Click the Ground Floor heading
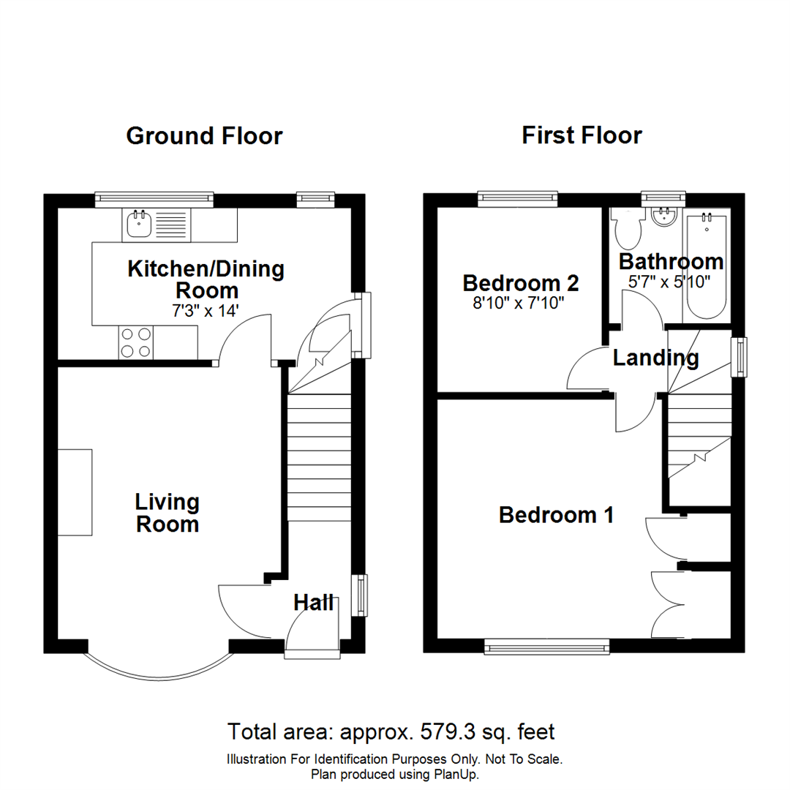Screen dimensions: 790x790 pyautogui.click(x=204, y=136)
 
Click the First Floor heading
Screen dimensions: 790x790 pyautogui.click(x=582, y=136)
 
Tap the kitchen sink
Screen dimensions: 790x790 pyautogui.click(x=138, y=225)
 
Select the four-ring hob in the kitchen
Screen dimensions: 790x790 pyautogui.click(x=135, y=342)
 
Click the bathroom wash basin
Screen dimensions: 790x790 pyautogui.click(x=665, y=217)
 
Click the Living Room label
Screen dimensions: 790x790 pyautogui.click(x=168, y=513)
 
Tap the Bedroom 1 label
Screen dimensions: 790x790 pyautogui.click(x=555, y=515)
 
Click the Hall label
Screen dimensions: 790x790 pyautogui.click(x=314, y=603)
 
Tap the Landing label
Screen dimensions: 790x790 pyautogui.click(x=655, y=358)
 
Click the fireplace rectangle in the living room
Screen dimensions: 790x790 pyautogui.click(x=75, y=493)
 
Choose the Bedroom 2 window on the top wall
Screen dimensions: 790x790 pyautogui.click(x=517, y=197)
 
